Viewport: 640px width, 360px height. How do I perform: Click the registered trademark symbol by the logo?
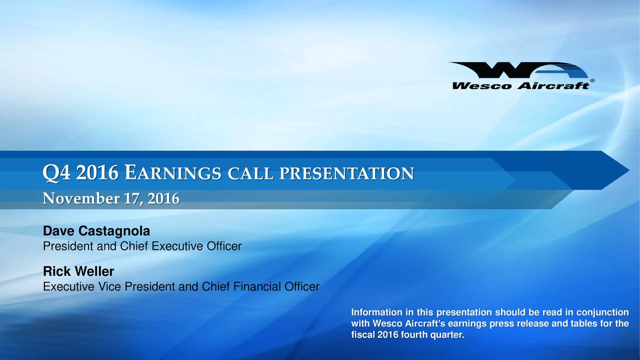592,80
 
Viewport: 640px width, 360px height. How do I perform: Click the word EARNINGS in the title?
172,174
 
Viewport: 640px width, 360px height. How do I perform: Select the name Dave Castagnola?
96,232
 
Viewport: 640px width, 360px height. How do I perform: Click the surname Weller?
94,272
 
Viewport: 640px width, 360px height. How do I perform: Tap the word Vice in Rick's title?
112,287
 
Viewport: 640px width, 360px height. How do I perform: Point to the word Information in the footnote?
375,313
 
